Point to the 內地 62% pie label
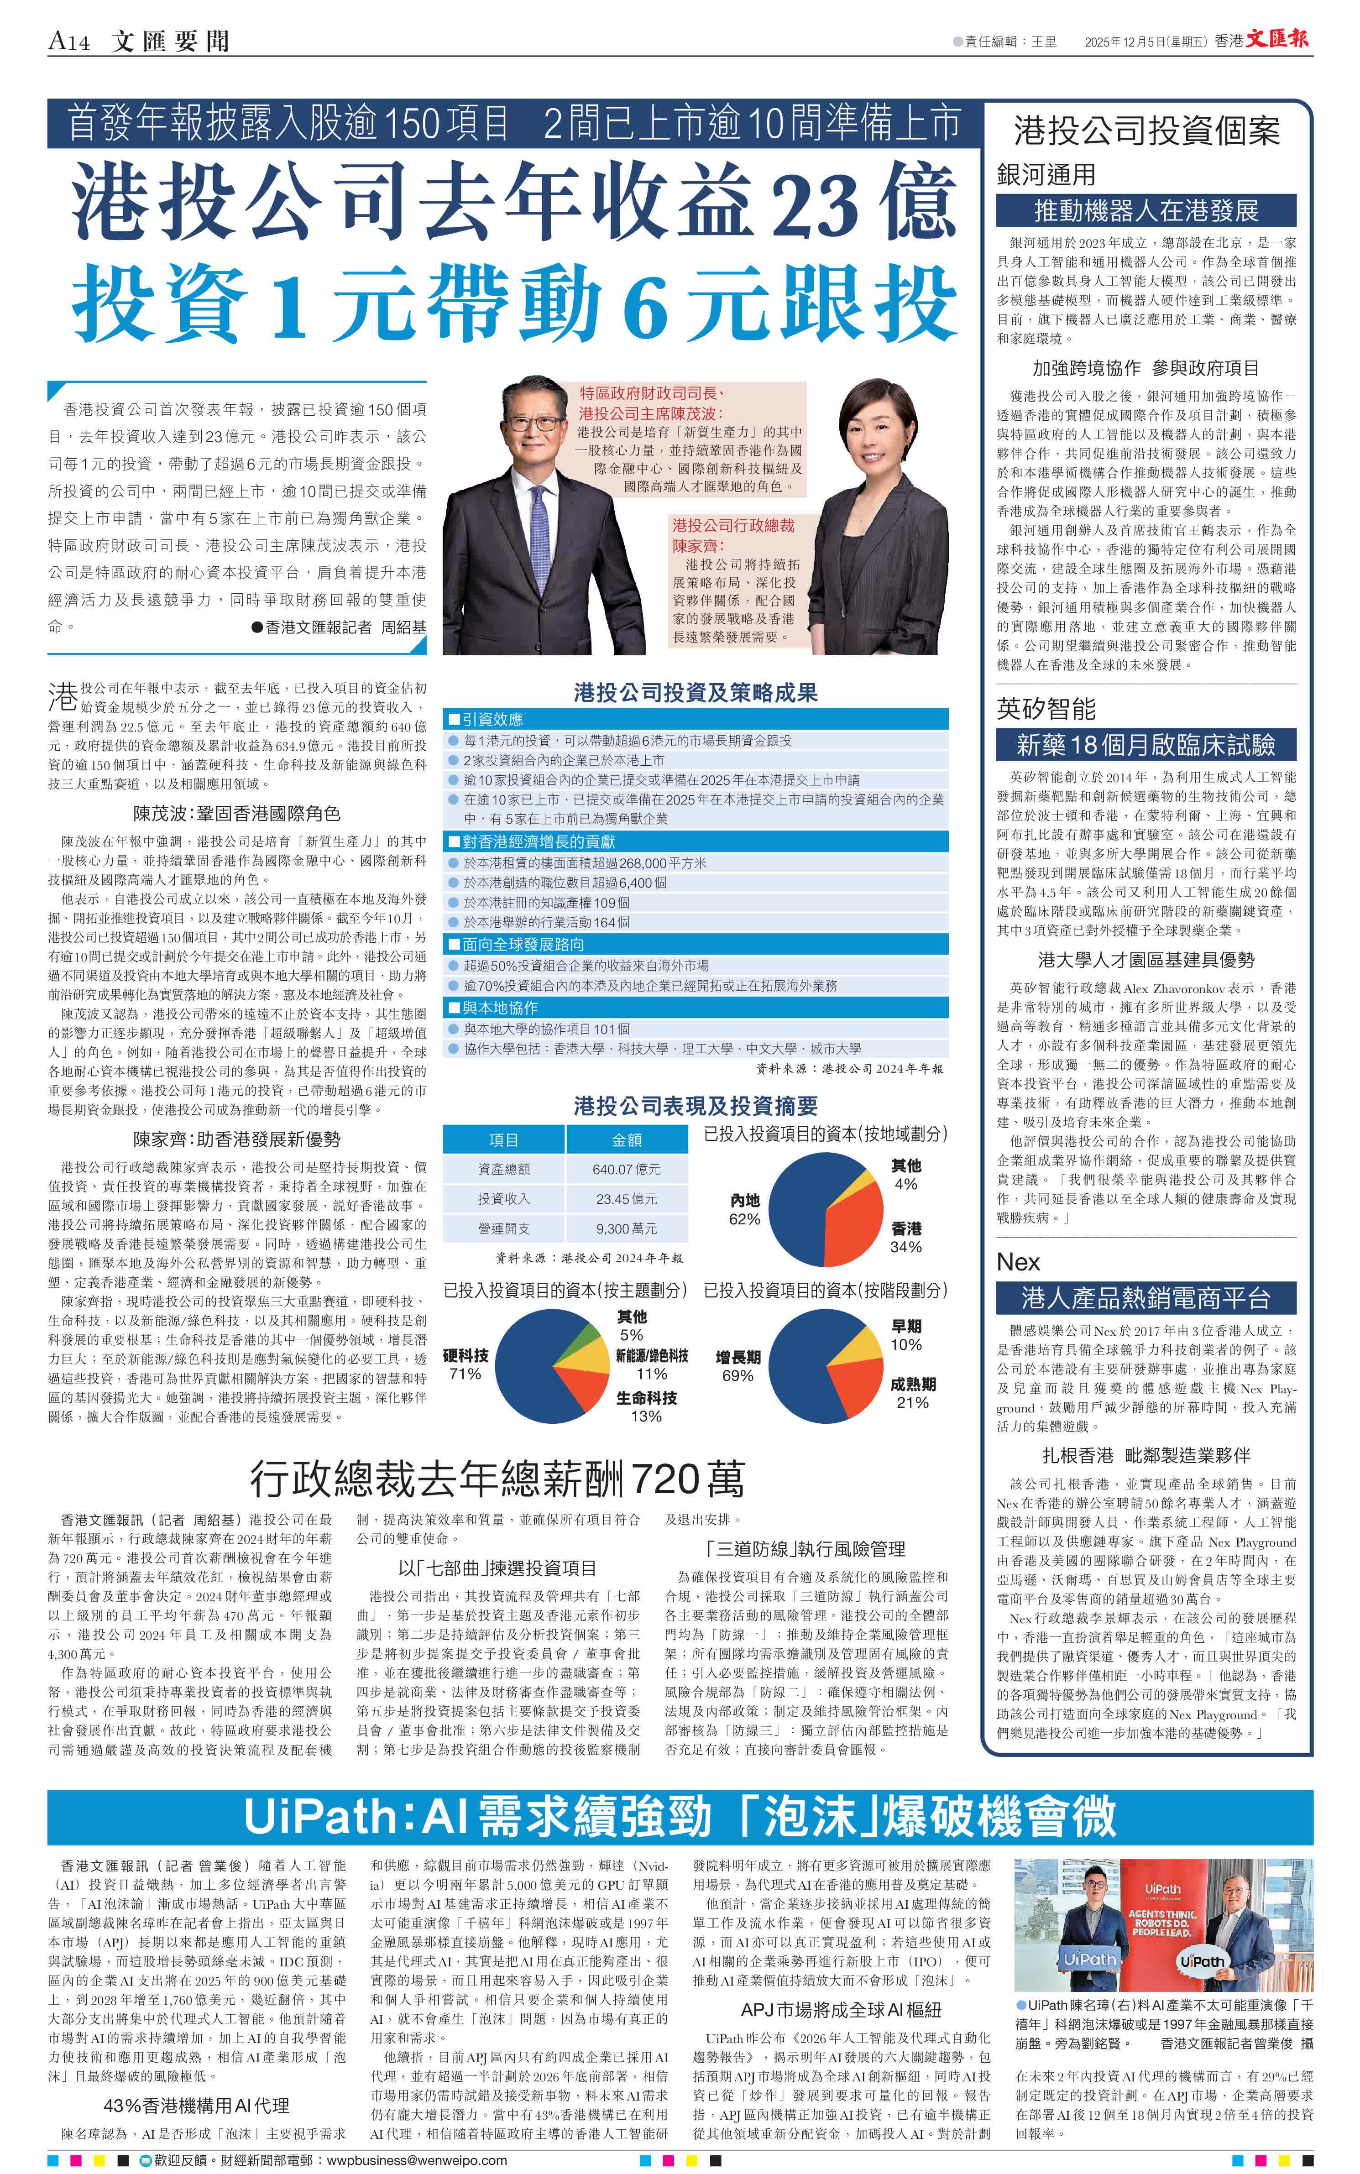coord(745,1210)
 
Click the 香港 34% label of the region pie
coord(906,1238)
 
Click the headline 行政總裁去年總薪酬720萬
coord(497,1478)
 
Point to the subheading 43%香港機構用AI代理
coord(196,2105)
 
